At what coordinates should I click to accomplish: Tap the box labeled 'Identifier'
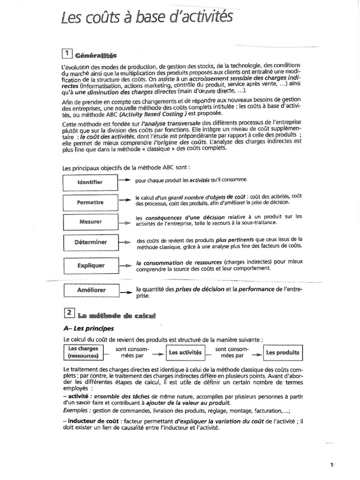tap(90, 182)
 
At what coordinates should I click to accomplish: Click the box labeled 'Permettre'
tap(90, 202)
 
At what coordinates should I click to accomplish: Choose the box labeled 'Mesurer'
tap(90, 222)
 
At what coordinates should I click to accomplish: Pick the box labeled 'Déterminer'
tap(90, 242)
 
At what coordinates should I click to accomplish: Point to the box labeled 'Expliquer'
tap(90, 265)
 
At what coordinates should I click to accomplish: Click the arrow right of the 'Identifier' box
tap(124, 180)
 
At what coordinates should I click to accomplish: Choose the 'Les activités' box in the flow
tap(185, 352)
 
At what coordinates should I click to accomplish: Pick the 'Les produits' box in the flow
tap(282, 352)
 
